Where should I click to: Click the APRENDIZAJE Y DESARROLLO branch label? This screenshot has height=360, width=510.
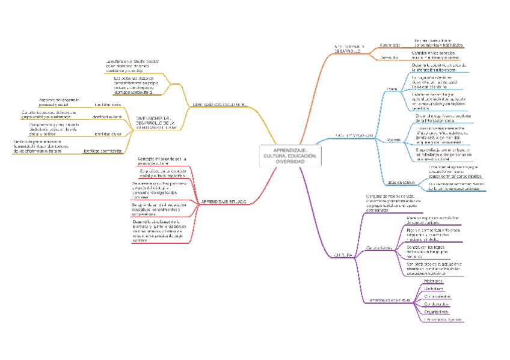(x=348, y=49)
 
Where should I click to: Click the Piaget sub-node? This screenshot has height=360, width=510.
(x=392, y=88)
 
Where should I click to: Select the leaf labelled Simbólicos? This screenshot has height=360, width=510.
(x=433, y=288)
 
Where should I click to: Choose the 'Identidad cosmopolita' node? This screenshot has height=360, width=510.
(x=103, y=151)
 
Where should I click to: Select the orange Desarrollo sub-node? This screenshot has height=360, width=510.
(x=390, y=57)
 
